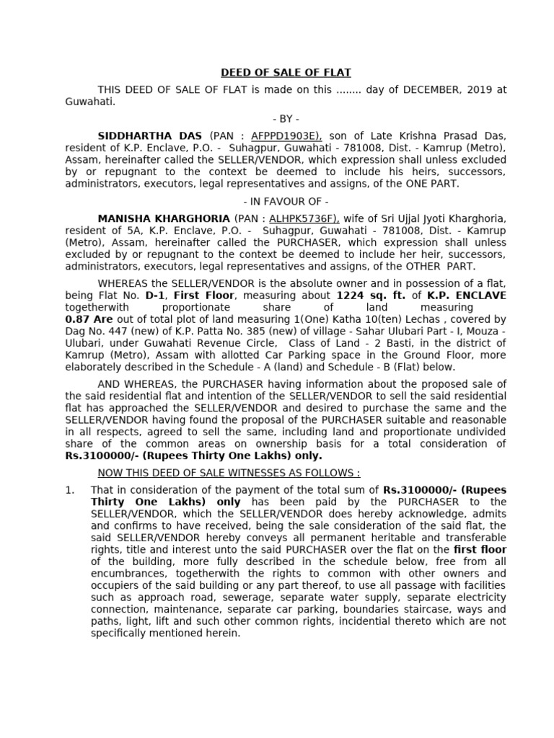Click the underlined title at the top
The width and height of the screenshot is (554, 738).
(x=285, y=73)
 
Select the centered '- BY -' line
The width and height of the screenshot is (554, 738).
(x=286, y=119)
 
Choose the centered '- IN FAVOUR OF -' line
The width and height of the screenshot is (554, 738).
(x=286, y=201)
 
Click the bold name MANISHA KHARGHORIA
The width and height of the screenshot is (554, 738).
(x=163, y=218)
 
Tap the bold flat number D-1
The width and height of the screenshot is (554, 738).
(x=154, y=295)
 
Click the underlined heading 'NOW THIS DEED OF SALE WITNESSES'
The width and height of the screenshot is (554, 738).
(x=229, y=473)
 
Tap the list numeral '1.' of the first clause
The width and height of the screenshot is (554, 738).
(x=70, y=490)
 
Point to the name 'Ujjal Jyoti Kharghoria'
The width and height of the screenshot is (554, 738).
(x=450, y=218)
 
